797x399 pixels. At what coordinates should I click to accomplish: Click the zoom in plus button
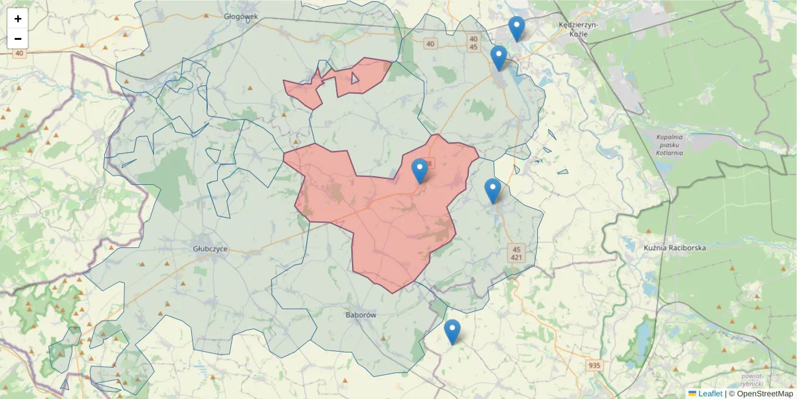[18, 19]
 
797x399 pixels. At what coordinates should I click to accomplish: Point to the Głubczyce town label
[210, 249]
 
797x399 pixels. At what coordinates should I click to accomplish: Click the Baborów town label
[361, 315]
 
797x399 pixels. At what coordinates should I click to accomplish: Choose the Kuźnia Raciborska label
[674, 247]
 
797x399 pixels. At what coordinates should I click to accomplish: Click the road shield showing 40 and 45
[473, 43]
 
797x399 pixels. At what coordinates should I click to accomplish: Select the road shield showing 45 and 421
[517, 253]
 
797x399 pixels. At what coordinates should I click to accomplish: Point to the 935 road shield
[594, 365]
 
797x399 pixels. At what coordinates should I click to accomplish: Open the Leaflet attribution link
[710, 394]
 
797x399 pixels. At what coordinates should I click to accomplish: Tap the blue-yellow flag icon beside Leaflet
[692, 394]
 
